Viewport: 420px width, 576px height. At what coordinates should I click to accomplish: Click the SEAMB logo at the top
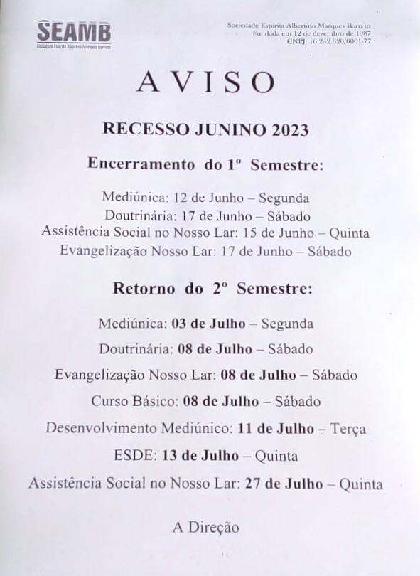[x=74, y=32]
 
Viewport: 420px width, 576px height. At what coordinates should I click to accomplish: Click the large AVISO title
[x=206, y=82]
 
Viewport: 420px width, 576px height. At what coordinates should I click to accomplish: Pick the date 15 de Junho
[x=270, y=233]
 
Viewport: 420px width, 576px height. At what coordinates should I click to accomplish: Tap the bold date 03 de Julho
[x=208, y=324]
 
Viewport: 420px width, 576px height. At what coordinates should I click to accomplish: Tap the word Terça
[x=349, y=429]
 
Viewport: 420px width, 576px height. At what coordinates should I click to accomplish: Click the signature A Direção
[x=205, y=527]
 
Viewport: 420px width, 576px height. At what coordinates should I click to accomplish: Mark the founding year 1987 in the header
[x=363, y=33]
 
